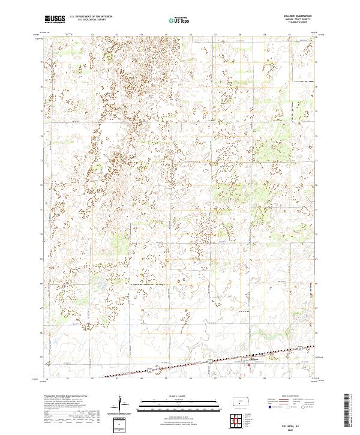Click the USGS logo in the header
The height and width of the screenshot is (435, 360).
pos(55,19)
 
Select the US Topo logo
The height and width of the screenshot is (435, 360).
pos(180,19)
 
